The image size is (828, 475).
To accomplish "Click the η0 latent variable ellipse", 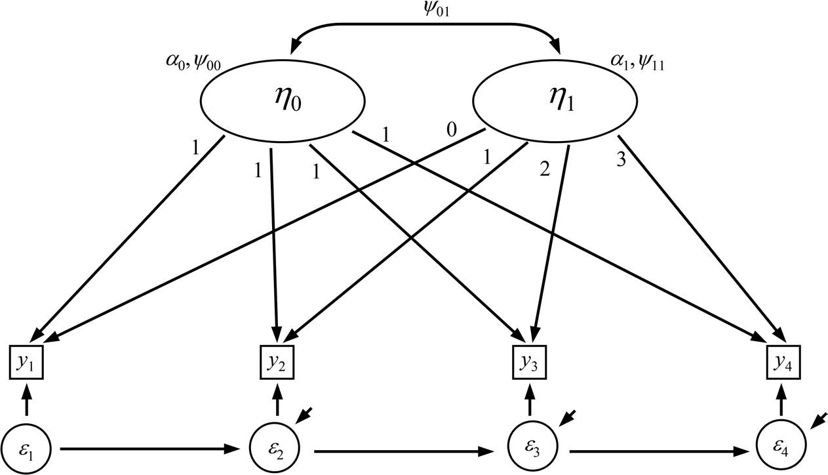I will click(282, 102).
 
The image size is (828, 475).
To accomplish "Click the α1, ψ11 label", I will click(637, 64).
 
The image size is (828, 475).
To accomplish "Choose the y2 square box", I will click(277, 361).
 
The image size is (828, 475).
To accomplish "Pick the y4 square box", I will click(782, 361).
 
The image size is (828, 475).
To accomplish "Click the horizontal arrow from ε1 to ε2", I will click(151, 450).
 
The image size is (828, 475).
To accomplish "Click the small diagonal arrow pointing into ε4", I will click(818, 419).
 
